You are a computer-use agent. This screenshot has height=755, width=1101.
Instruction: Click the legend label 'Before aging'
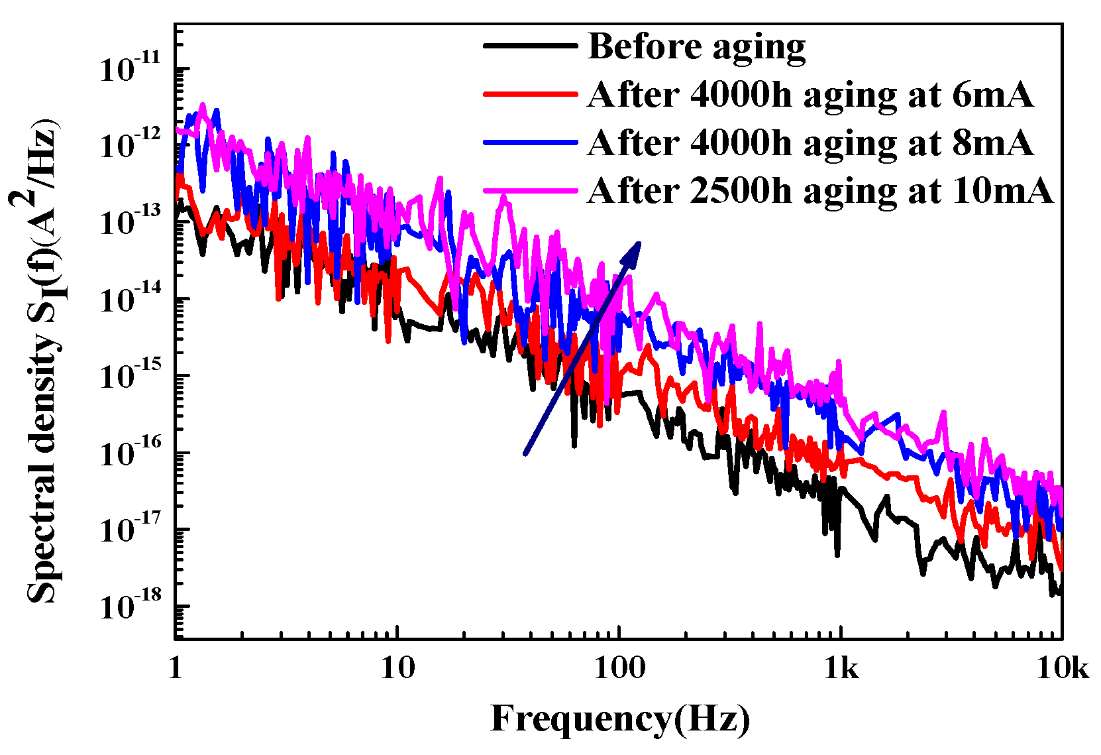[696, 47]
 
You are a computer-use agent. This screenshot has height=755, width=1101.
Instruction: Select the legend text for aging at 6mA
[810, 95]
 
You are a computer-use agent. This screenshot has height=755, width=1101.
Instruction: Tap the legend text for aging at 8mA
[810, 143]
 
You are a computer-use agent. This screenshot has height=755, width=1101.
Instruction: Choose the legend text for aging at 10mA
[819, 192]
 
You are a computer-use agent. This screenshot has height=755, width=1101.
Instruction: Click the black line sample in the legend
[530, 46]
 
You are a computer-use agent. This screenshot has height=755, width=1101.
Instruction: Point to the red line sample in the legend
[530, 94]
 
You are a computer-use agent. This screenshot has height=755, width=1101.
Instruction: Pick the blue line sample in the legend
[530, 143]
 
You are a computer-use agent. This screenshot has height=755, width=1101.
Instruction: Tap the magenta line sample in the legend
[530, 191]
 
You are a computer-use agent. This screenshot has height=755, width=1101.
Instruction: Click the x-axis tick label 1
[175, 669]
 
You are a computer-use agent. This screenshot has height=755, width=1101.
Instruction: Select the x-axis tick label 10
[397, 669]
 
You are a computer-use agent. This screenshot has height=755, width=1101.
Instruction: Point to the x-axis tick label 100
[619, 669]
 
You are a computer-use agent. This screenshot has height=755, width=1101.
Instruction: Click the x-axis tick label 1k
[841, 669]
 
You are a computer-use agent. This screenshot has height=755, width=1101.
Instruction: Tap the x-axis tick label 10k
[1063, 669]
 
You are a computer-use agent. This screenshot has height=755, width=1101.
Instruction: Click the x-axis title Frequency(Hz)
[620, 720]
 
